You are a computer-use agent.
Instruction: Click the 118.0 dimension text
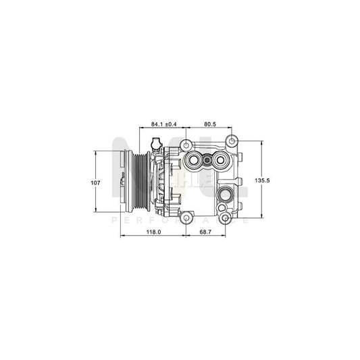153,232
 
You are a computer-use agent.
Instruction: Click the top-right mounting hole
232,141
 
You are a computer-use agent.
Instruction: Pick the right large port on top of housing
220,161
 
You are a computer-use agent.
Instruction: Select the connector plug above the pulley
155,144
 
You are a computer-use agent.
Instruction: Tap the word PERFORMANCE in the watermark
180,220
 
